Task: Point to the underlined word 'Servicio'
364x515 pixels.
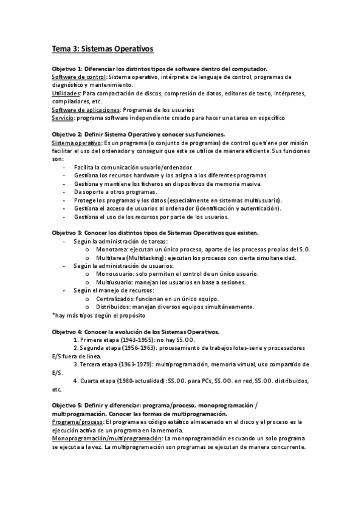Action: click(x=63, y=118)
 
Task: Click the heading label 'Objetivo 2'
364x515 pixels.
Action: click(x=67, y=134)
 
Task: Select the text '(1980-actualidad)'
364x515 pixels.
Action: click(x=140, y=381)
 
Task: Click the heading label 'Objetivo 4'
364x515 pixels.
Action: click(x=67, y=332)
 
